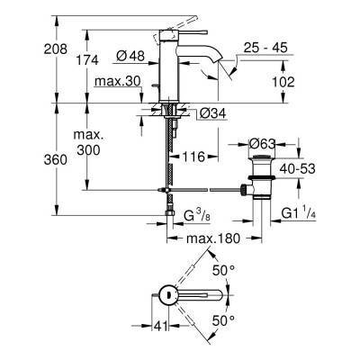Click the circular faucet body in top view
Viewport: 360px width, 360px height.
pos(168,294)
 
